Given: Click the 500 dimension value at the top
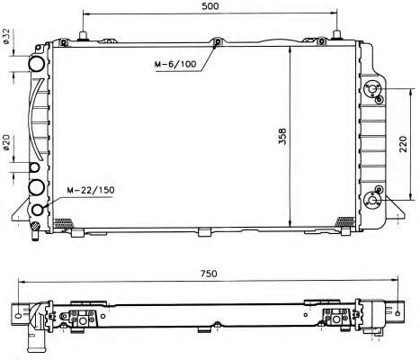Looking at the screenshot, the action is point(210,6).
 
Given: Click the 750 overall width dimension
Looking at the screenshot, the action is point(209,274).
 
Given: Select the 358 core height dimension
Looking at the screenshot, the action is point(282,137).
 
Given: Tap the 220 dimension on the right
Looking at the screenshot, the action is point(403,144).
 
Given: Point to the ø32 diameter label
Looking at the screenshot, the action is point(6,37).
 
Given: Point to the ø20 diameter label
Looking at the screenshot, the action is point(6,142).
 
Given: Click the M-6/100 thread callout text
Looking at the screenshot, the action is point(175,64).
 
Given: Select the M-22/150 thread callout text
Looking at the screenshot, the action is point(90,190).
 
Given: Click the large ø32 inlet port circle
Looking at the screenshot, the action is point(37,64).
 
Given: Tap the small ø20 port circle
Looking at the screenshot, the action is point(35,167).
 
